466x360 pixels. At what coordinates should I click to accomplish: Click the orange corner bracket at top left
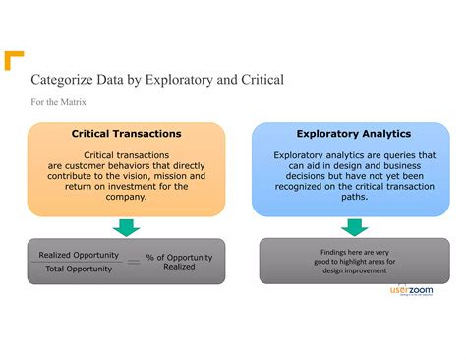tap(12, 59)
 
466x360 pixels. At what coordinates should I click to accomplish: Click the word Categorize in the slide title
tap(64, 79)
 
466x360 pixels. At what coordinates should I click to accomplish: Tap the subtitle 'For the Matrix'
tap(58, 101)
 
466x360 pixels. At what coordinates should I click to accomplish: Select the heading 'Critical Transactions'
tap(126, 134)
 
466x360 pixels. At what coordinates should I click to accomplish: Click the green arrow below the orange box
tap(126, 227)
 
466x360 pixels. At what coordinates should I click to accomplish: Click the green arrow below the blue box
tap(354, 227)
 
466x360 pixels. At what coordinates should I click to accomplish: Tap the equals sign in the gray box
tap(133, 262)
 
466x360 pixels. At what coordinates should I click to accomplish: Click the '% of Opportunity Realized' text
tap(178, 262)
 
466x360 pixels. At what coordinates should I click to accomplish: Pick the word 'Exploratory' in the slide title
tap(179, 79)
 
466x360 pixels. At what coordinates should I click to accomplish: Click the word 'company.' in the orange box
tap(126, 197)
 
